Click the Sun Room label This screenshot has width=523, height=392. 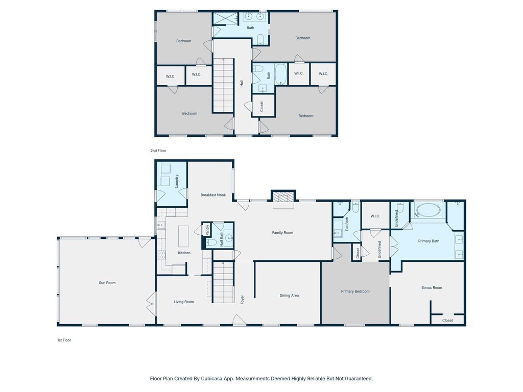click(x=107, y=283)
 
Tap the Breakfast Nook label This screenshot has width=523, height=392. click(x=213, y=195)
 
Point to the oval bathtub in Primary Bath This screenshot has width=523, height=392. click(x=429, y=211)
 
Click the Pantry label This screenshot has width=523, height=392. click(x=207, y=230)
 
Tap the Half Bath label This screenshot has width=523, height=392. click(x=222, y=239)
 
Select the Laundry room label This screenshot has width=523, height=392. click(x=176, y=181)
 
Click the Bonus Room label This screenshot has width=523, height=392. click(x=432, y=287)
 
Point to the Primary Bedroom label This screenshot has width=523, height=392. click(x=355, y=291)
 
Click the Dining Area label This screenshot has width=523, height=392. click(x=289, y=296)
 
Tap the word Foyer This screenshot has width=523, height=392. click(x=243, y=299)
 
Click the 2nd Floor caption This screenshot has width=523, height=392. click(x=158, y=151)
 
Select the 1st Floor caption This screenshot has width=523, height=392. click(x=64, y=340)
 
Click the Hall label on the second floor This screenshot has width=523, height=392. click(x=242, y=83)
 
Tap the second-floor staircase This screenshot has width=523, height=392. click(x=223, y=85)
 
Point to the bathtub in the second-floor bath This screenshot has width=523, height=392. click(x=280, y=74)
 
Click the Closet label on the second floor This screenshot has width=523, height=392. click(x=261, y=106)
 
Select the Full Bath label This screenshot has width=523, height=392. click(x=347, y=225)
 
